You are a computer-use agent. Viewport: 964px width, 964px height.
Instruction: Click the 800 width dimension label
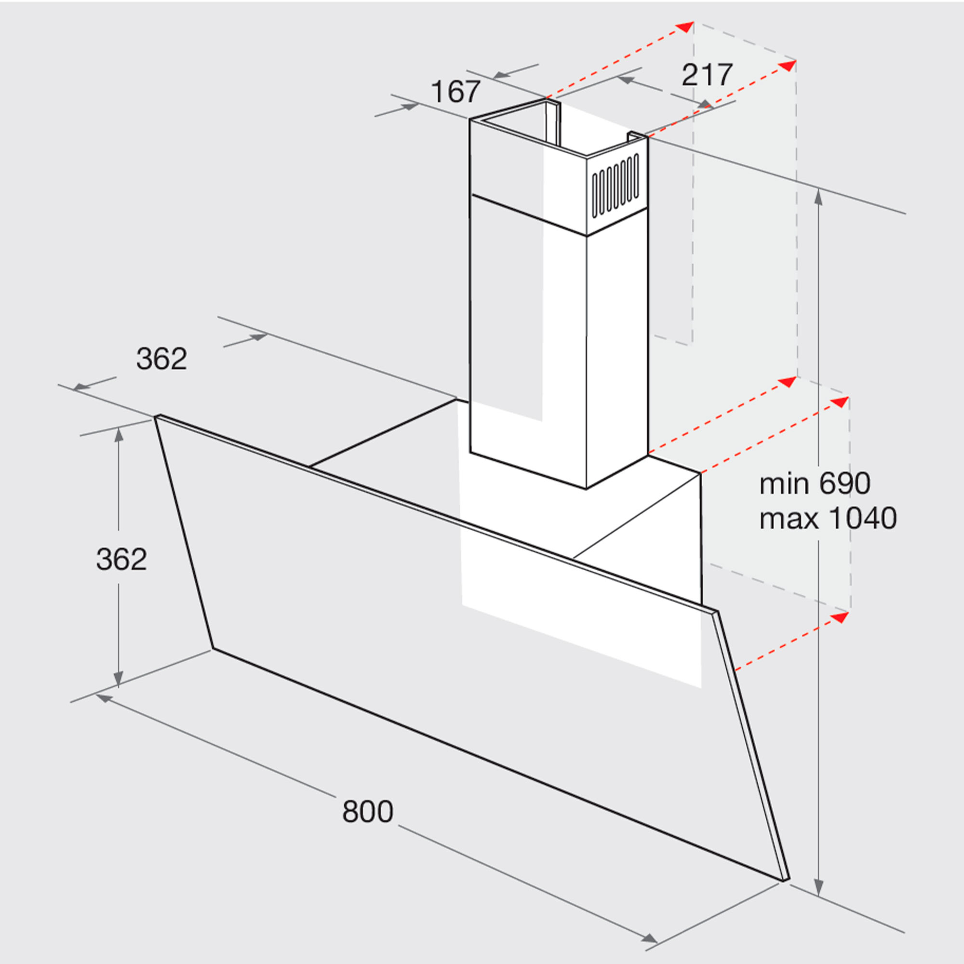point(368,812)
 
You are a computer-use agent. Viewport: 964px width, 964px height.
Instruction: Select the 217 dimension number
point(707,75)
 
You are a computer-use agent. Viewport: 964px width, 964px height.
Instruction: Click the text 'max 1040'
point(828,519)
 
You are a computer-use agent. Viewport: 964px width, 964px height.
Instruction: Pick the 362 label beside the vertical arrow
point(121,559)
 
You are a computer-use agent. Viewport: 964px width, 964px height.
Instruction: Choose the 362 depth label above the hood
point(161,359)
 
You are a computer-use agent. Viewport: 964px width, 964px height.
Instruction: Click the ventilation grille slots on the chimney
point(615,187)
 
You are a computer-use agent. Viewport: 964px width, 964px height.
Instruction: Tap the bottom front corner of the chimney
point(586,489)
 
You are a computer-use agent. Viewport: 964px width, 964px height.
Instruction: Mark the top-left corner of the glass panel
point(156,416)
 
